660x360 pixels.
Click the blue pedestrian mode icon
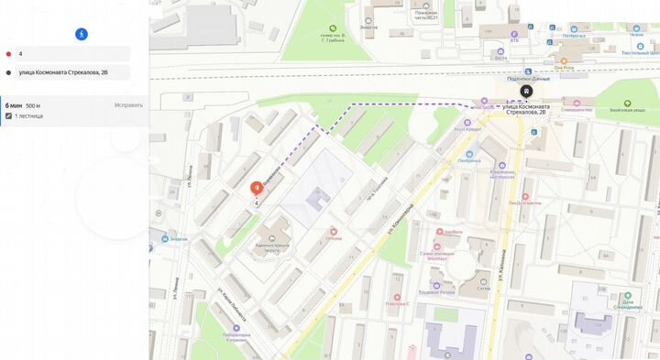point(82,33)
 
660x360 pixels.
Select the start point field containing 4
point(73,54)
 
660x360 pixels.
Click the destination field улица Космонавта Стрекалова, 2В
point(73,72)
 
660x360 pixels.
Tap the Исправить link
point(128,105)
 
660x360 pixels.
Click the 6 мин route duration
point(13,105)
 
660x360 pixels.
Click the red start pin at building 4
point(256,187)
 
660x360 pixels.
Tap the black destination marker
point(526,91)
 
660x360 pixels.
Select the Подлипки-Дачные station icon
point(526,71)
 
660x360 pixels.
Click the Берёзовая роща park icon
point(627,103)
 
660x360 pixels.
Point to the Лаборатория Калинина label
point(235,335)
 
